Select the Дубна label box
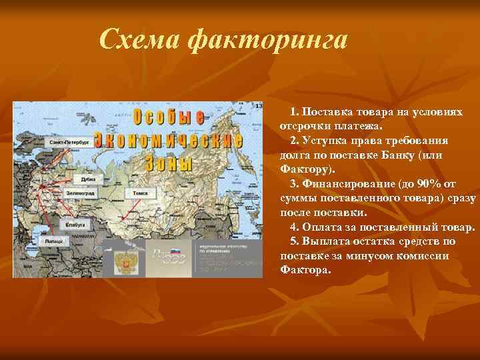[88, 179]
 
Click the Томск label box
[140, 192]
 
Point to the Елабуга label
[75, 225]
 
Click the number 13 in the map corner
[259, 107]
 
